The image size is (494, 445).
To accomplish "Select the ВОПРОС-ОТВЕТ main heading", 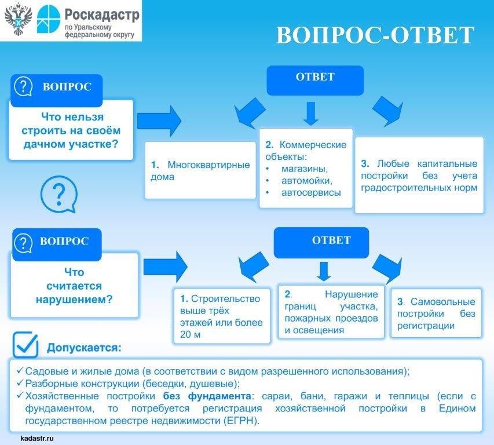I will tap(375, 35).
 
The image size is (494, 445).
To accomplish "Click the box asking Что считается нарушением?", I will tap(74, 286).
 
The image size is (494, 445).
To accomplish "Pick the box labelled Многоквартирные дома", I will tap(200, 170).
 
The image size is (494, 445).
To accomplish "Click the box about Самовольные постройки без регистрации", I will tap(436, 313).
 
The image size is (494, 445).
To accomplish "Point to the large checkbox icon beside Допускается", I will tap(26, 345).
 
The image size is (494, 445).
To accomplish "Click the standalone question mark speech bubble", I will tap(57, 195).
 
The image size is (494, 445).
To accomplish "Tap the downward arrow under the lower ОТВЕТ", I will tap(324, 271).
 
